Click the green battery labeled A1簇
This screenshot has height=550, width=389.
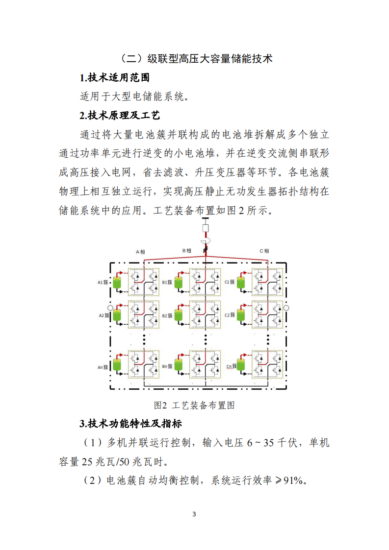click(x=117, y=283)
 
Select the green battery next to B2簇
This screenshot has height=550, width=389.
click(x=179, y=314)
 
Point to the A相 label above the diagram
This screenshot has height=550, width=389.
click(x=140, y=252)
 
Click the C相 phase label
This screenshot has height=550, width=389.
click(x=264, y=251)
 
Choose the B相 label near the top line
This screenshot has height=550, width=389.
click(x=187, y=251)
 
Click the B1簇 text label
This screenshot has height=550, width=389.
click(x=167, y=283)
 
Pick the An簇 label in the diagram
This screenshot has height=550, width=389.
click(x=103, y=366)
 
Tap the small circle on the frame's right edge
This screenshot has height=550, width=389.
click(x=286, y=308)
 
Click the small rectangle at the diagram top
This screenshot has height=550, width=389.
click(x=206, y=229)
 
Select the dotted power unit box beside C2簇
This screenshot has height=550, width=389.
click(x=267, y=314)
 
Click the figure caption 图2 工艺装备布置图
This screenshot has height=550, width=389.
click(x=194, y=405)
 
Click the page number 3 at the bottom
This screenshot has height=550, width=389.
click(x=194, y=514)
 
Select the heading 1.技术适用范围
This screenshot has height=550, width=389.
click(x=114, y=77)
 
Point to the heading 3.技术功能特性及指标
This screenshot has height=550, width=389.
click(x=131, y=423)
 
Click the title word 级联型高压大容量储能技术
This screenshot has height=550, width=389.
click(x=210, y=59)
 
